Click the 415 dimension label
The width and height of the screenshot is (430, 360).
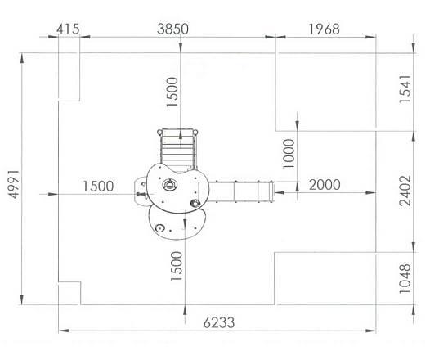tap(69, 29)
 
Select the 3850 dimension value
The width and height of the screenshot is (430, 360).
tap(172, 29)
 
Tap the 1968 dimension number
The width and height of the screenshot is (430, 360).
tap(325, 29)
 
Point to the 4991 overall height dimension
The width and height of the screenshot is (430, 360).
tap(14, 184)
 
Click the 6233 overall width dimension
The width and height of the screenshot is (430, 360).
tap(219, 322)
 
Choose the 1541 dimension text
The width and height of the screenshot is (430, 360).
tap(405, 88)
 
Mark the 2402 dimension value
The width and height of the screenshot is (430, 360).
tap(405, 191)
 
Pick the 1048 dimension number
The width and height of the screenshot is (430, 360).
tap(405, 278)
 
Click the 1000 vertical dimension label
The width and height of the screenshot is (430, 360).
tap(289, 154)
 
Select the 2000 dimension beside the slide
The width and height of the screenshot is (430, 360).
tap(325, 185)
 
